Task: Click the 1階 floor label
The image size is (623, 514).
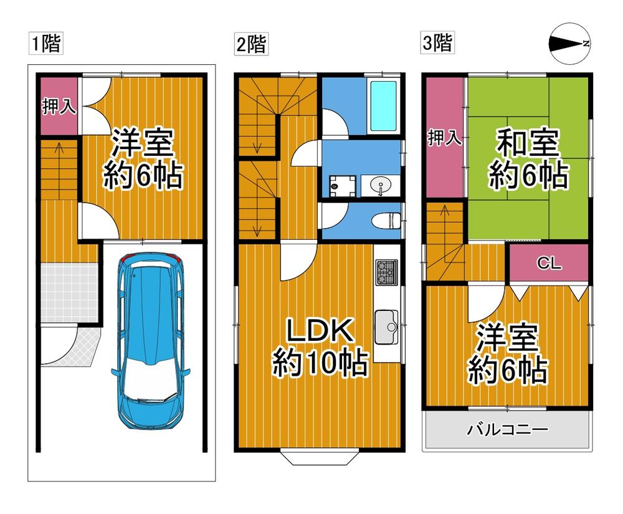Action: pos(45,44)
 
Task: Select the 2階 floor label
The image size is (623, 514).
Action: pos(250,44)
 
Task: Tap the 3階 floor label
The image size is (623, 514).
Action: pos(437,44)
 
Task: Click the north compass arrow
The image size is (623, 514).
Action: pos(569,44)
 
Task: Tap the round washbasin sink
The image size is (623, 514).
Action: pos(380,185)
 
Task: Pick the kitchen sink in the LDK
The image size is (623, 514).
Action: pos(389,327)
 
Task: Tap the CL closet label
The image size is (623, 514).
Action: pos(549,264)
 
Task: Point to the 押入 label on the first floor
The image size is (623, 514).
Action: pos(59,107)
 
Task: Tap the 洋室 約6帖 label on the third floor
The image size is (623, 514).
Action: pos(508,355)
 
